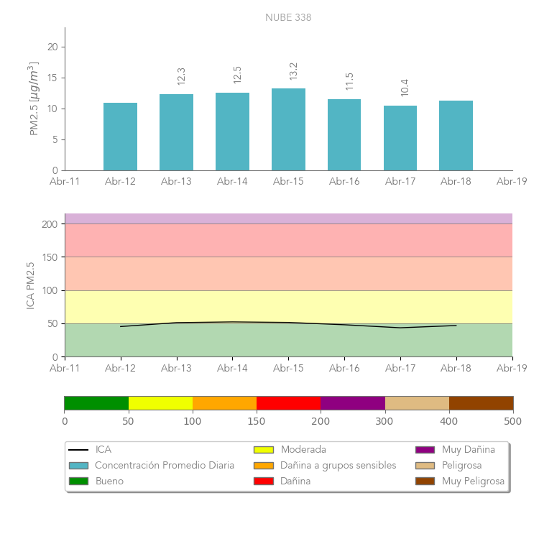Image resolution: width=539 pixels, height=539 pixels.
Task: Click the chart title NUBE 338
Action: coord(288,17)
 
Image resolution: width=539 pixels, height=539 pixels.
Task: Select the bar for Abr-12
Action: coord(120,137)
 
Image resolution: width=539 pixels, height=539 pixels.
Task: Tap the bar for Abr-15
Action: coord(288,129)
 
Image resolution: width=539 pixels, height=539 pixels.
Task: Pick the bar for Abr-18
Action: coord(456,136)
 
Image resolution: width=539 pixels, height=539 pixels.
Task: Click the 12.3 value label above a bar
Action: coord(181,76)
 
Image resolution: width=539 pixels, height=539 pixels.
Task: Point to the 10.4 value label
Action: coord(405,88)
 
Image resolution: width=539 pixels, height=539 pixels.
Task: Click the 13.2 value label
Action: coord(293,71)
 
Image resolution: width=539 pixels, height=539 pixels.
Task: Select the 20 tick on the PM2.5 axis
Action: coord(52,47)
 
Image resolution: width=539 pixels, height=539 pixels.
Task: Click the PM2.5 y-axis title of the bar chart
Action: coord(33,98)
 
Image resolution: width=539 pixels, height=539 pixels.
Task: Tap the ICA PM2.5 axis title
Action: coord(30,285)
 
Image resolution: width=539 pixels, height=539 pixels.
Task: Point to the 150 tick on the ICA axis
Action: coord(50,257)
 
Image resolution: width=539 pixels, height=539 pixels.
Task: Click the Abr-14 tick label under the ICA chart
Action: coord(232,368)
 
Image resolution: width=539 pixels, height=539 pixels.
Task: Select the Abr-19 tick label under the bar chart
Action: coord(512,182)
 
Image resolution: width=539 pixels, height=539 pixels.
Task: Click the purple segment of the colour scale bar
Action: coord(352,402)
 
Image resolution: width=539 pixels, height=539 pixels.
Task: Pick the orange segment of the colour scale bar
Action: coord(224,402)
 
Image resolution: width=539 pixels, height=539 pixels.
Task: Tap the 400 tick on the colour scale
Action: coord(449,421)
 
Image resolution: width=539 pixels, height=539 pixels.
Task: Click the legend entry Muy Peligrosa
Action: coord(473,481)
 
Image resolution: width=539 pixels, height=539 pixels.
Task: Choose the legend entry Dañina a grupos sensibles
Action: coord(338,465)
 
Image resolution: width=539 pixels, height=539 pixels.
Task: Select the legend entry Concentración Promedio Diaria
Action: coord(165,465)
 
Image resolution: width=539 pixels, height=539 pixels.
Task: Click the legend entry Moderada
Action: coord(303,449)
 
